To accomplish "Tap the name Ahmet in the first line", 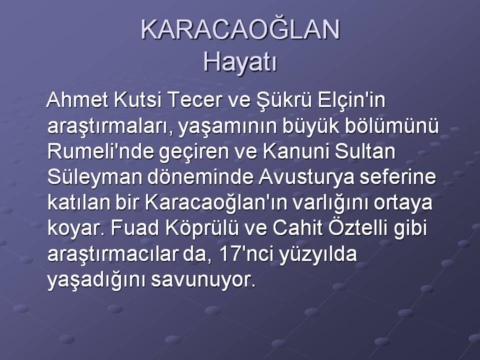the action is (78, 100).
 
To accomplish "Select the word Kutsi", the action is (137, 100).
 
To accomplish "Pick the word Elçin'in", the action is (351, 100).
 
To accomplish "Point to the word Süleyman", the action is (95, 178).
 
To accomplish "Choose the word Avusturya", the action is (306, 178).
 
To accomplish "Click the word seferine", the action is (397, 177).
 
